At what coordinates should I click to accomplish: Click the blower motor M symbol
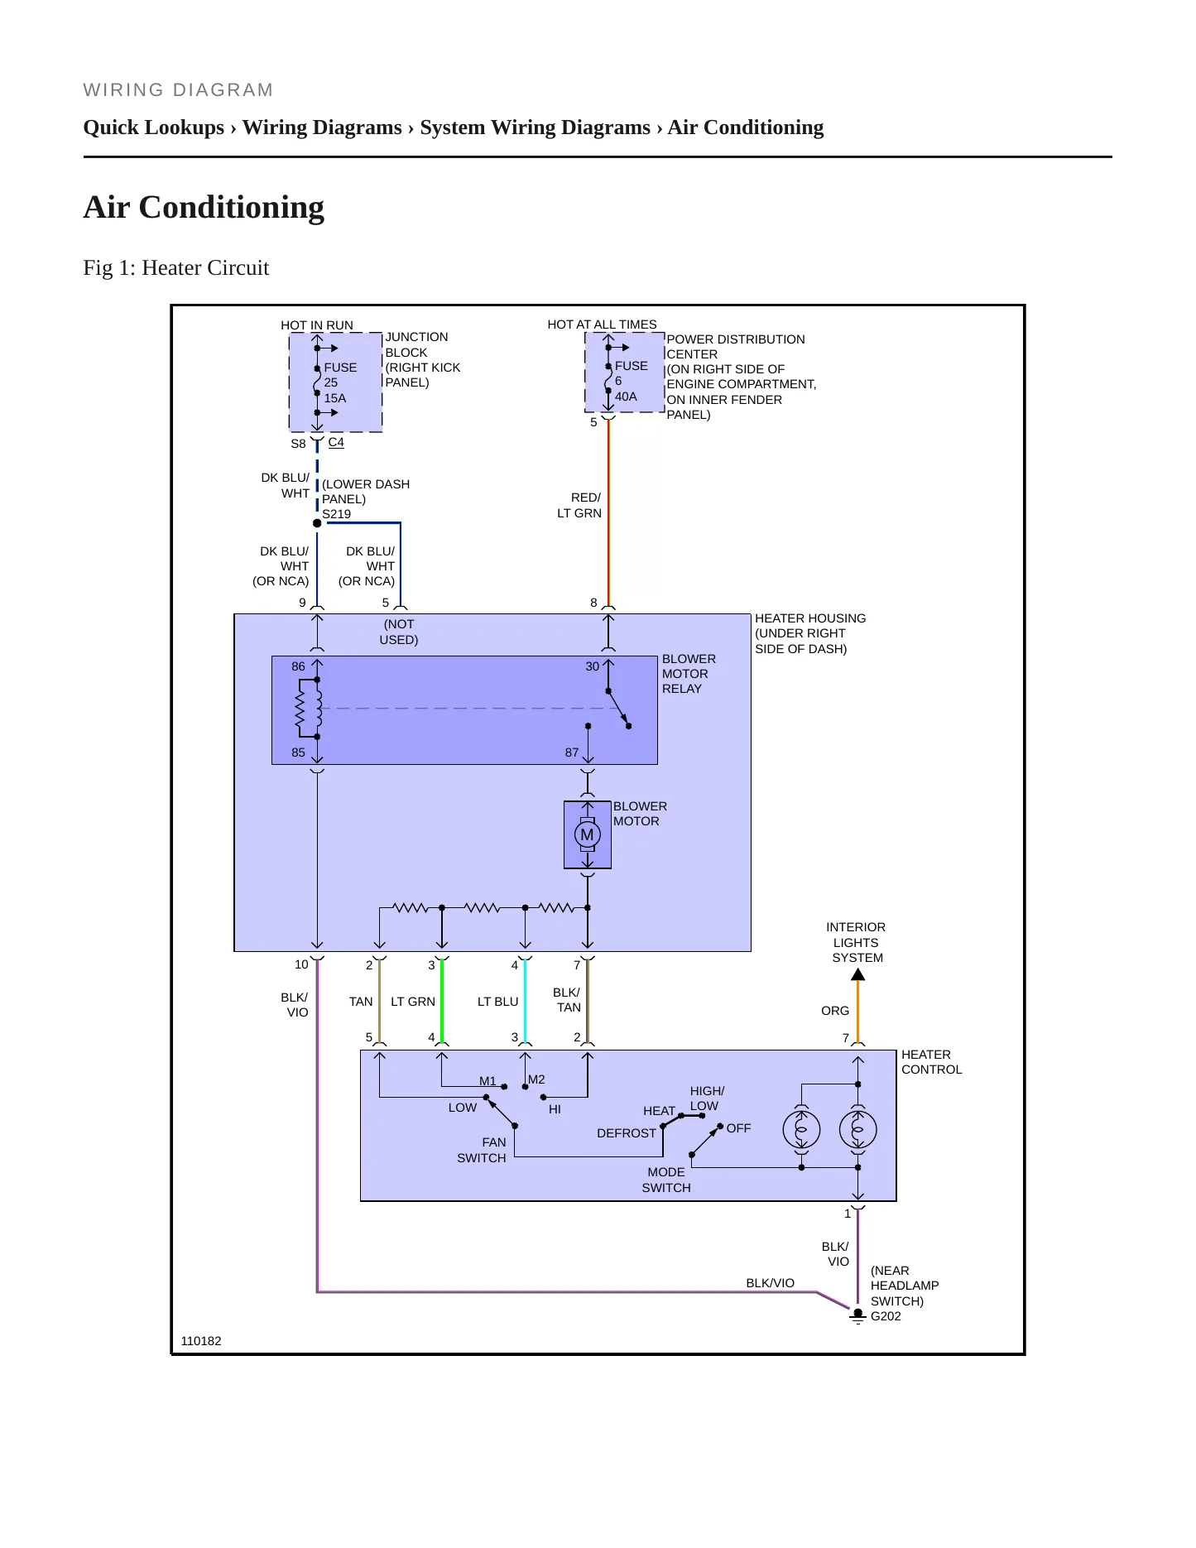587,834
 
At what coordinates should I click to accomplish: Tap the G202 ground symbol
858,1316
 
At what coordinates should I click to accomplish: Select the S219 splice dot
317,523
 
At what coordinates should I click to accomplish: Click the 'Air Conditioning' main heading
204,207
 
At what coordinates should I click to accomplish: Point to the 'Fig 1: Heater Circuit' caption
176,267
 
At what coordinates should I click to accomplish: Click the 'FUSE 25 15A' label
340,382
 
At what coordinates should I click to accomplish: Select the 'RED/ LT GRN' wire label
579,505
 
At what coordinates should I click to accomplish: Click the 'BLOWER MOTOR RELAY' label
689,674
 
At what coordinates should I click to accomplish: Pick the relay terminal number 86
298,666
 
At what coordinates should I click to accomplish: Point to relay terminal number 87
572,752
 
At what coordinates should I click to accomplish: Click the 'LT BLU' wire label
497,1002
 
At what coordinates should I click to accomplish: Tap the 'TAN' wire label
361,1002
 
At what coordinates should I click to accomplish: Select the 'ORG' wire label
835,1011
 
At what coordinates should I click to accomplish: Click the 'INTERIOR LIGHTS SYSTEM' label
857,942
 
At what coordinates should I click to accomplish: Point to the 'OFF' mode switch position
739,1128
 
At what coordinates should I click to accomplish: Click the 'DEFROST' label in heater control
627,1133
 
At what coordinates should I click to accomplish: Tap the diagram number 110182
201,1341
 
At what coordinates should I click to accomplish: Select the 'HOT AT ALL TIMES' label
602,325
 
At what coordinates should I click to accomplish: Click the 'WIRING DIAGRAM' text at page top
178,90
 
